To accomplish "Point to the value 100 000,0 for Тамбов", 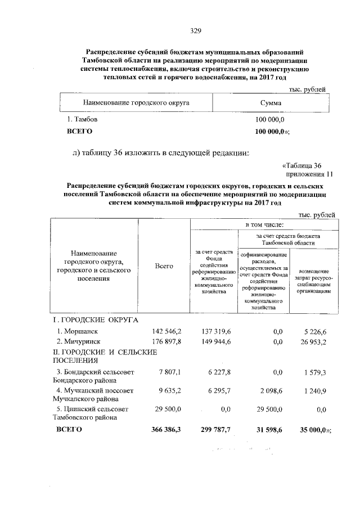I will [271, 120].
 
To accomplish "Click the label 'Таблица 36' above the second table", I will [302, 165].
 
